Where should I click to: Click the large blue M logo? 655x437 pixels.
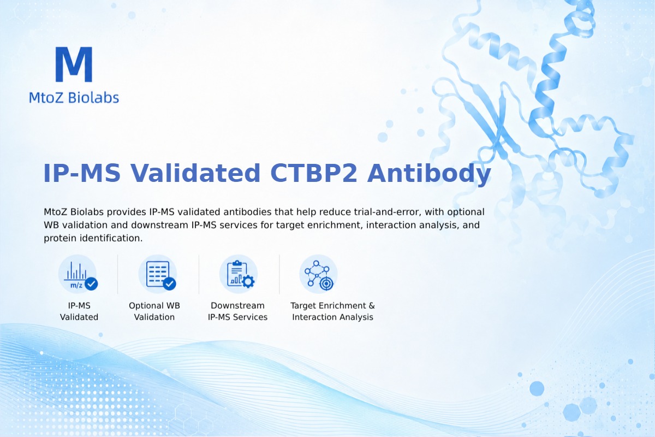point(74,64)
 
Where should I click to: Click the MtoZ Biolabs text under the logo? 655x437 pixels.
point(74,97)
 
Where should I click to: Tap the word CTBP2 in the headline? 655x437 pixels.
point(314,173)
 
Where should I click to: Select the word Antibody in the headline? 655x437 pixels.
point(429,174)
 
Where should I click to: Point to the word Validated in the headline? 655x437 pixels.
point(195,173)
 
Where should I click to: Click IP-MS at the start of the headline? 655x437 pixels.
point(82,173)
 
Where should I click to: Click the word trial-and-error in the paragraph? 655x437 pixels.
point(388,211)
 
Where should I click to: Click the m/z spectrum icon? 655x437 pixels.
point(78,274)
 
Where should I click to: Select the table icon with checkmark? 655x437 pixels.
point(158,274)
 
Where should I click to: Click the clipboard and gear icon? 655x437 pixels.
point(239,274)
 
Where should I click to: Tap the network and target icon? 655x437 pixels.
point(318,274)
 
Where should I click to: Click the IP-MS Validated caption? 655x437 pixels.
point(79,311)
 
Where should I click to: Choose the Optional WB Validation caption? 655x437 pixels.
point(154,311)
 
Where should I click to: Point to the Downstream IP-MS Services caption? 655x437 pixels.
point(238,311)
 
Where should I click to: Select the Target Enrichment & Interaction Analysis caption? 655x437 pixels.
point(333,311)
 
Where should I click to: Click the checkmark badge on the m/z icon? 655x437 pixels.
point(91,284)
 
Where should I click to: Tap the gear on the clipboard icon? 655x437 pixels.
point(248,281)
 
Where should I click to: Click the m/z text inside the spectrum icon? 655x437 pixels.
point(76,285)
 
